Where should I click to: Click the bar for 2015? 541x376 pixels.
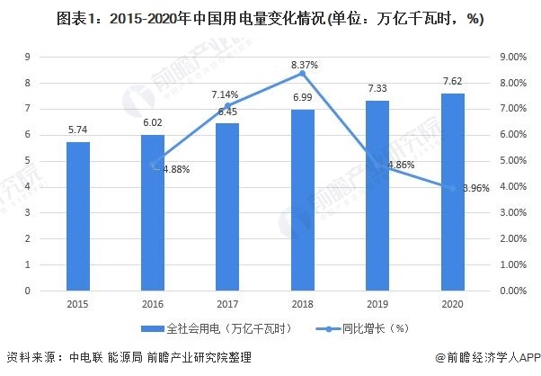pos(77,216)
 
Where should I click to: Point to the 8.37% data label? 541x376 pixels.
pos(305,65)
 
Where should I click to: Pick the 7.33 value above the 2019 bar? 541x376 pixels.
pos(377,88)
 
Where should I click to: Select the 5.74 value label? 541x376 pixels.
pos(77,130)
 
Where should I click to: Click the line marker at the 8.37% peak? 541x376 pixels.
pos(303,73)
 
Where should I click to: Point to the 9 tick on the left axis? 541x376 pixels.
pos(31,57)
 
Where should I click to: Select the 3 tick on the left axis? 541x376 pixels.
pos(31,213)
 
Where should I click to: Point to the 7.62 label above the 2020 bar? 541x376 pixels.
pos(453,81)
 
